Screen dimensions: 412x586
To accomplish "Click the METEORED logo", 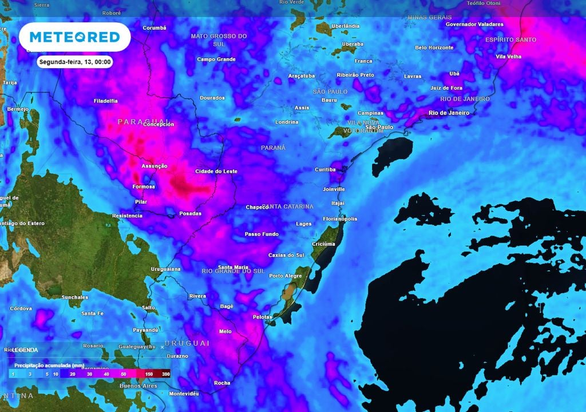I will point(74,37).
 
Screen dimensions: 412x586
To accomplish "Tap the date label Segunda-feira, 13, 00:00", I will point(74,62).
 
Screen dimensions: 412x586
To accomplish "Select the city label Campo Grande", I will point(216,59).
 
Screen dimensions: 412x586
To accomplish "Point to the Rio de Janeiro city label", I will point(449,113).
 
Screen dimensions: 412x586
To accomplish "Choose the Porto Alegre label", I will point(285,276).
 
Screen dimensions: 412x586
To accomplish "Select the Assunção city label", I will point(155,166).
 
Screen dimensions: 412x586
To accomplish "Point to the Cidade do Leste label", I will point(216,171).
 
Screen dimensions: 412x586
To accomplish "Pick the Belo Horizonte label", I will point(434,47).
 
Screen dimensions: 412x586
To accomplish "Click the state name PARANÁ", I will point(273,148).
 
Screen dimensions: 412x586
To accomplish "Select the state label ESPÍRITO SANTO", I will point(510,39).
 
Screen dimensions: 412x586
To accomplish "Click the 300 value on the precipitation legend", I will point(166,374).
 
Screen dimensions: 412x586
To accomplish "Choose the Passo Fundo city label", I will point(261,234).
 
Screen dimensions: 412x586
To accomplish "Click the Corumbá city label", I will point(154,27).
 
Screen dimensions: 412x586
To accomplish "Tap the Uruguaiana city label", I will point(165,268).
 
